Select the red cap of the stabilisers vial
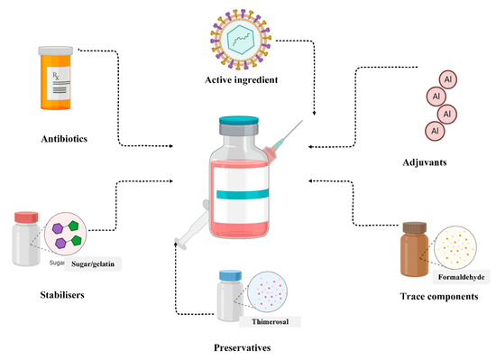[26, 217]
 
